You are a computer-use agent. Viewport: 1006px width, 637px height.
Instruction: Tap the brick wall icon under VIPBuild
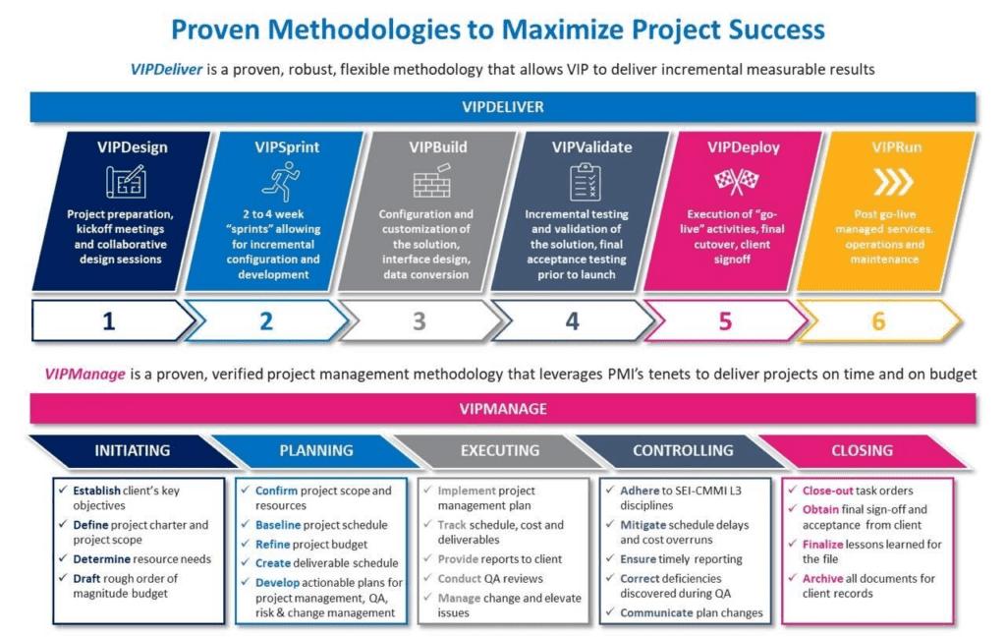point(430,182)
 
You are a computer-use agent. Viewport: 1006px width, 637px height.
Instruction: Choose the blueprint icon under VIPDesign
point(125,182)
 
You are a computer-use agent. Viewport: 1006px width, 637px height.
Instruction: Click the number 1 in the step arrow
point(108,321)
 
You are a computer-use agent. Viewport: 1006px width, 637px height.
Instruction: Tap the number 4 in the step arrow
point(572,321)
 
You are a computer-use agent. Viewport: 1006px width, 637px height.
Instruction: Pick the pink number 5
point(725,321)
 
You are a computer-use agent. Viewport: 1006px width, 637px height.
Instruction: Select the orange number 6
point(878,321)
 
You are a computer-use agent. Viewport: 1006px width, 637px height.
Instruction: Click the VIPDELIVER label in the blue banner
point(502,106)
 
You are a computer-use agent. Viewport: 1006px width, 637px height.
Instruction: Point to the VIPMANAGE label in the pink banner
point(502,408)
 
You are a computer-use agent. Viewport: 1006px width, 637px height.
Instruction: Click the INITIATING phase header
point(132,451)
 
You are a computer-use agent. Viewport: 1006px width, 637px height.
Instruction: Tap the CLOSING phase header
point(862,451)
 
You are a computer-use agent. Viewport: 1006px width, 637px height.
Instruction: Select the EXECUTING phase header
point(500,451)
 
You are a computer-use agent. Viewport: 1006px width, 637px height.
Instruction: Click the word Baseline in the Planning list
point(278,525)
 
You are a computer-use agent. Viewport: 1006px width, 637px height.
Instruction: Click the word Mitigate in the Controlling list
point(643,525)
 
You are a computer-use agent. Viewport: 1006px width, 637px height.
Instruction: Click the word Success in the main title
point(766,29)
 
